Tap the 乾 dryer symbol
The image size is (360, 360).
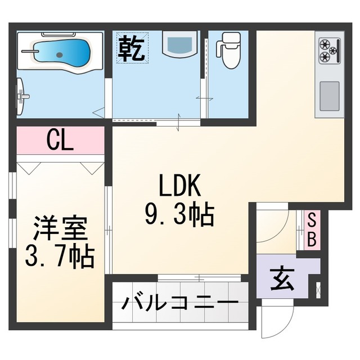tap(132, 48)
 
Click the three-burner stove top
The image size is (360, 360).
tap(329, 51)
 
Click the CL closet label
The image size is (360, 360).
tap(60, 140)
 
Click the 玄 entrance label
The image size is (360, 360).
tap(280, 280)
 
